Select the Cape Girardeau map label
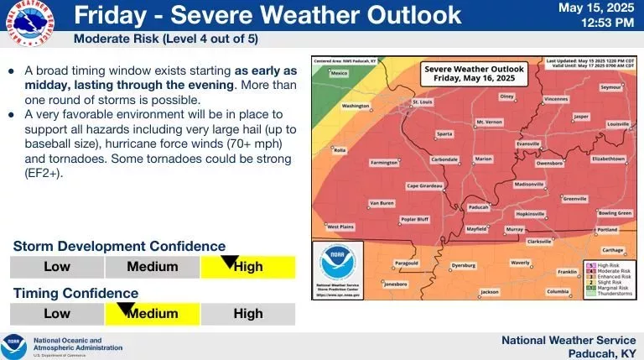[x=423, y=185]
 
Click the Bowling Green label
[x=615, y=213]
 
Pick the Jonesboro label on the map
[x=395, y=284]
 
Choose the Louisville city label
[x=617, y=124]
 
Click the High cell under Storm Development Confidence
[x=248, y=267]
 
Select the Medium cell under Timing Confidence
[x=153, y=314]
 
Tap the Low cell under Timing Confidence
[x=57, y=314]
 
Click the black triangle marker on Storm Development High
[x=229, y=262]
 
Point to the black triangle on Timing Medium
[x=126, y=309]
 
